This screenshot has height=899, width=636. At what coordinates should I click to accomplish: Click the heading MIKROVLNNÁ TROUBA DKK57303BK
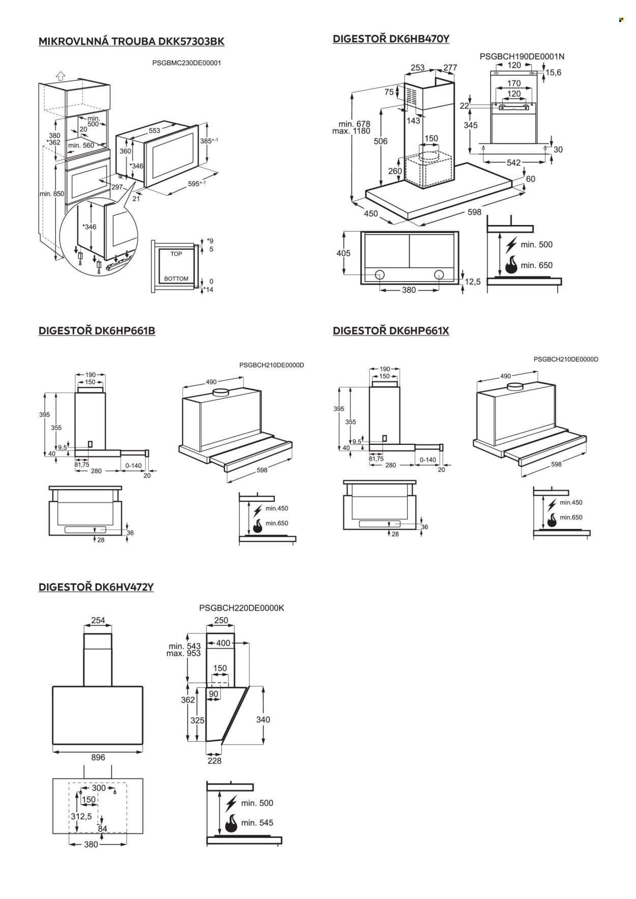(x=131, y=41)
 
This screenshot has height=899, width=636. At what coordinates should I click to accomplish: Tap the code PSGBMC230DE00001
(x=187, y=63)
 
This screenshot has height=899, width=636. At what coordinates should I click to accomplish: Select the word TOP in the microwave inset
(x=176, y=254)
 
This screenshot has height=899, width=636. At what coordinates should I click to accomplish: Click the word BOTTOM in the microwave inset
(x=176, y=278)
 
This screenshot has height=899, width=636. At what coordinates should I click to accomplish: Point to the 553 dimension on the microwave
(x=154, y=131)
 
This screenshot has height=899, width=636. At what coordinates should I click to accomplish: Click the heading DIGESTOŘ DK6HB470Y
(x=391, y=39)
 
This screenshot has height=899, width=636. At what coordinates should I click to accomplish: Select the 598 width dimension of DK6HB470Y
(x=474, y=212)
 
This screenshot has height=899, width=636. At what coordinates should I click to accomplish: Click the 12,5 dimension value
(x=472, y=282)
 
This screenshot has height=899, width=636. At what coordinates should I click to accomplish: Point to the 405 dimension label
(x=343, y=253)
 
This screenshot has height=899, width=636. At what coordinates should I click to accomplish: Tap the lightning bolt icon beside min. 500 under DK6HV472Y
(x=231, y=803)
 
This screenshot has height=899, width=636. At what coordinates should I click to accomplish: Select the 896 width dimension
(x=98, y=757)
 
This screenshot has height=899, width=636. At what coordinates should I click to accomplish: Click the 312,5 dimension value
(x=81, y=817)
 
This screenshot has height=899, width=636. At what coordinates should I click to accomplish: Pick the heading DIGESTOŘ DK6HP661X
(x=391, y=330)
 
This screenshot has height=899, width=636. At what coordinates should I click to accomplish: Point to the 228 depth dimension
(x=215, y=761)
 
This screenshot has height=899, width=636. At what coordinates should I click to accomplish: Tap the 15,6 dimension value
(x=553, y=73)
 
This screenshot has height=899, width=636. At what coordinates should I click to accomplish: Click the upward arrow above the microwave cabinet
(x=60, y=75)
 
